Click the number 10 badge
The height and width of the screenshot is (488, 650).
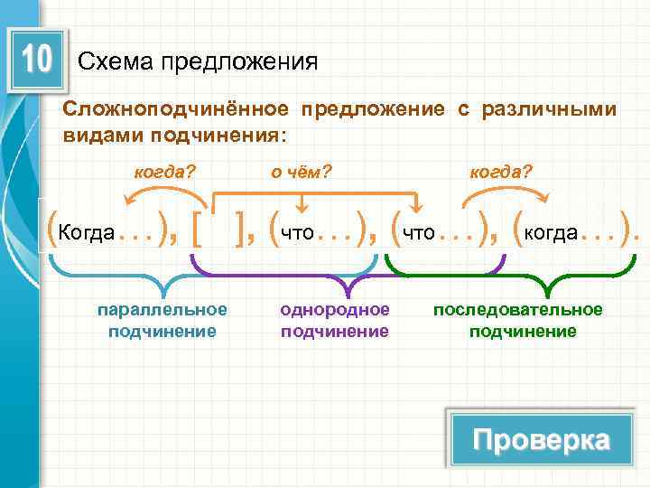pos(36,61)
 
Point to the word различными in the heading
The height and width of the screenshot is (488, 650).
pos(550,109)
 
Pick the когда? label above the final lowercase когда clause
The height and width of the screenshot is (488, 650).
pos(501,171)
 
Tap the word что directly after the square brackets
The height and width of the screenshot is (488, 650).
pos(297,233)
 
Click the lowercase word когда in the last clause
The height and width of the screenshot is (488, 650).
pos(551,233)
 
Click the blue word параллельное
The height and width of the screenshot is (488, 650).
pos(162,310)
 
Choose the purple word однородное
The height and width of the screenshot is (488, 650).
pos(335,310)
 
